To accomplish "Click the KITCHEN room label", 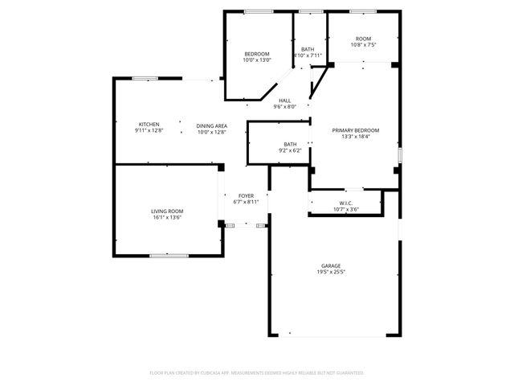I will (x=149, y=124).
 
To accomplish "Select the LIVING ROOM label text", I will (x=167, y=211).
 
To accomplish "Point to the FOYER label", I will (x=246, y=195).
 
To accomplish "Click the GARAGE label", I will (x=331, y=266).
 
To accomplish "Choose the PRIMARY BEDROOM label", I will (x=356, y=129).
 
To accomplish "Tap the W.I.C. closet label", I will (x=346, y=203).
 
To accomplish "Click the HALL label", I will (x=285, y=100).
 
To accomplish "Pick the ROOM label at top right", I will (x=364, y=39).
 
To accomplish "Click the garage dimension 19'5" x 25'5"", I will (x=331, y=273).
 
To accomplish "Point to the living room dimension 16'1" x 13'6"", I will (x=167, y=217).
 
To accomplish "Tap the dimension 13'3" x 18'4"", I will (x=356, y=136).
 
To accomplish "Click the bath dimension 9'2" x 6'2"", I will (x=290, y=150).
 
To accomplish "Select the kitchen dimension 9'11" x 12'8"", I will (x=149, y=130).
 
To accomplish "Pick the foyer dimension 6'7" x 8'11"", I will (x=246, y=202).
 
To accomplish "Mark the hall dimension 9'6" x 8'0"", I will (x=285, y=106).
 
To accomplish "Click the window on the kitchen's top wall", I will (x=145, y=78).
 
